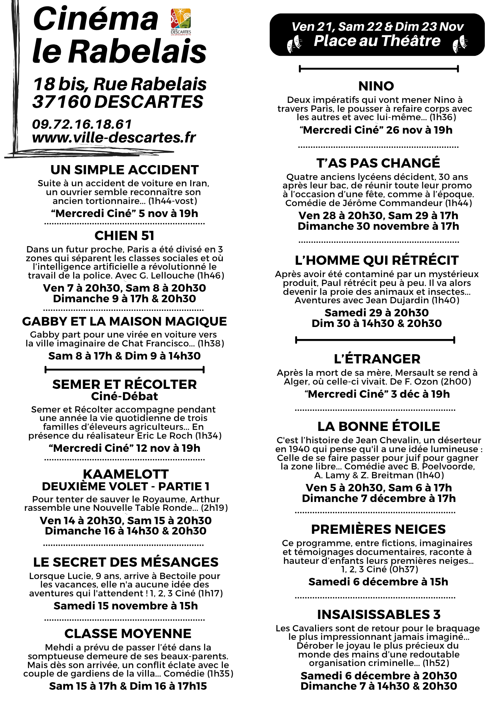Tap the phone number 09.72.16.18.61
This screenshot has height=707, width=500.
pyautogui.click(x=82, y=124)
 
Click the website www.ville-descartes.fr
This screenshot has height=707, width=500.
pyautogui.click(x=114, y=138)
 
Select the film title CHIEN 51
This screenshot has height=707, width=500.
pyautogui.click(x=124, y=236)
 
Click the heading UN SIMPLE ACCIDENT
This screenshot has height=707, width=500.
pyautogui.click(x=124, y=170)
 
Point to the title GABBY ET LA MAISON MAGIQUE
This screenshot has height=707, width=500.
pyautogui.click(x=124, y=321)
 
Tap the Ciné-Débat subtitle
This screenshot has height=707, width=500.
pyautogui.click(x=124, y=396)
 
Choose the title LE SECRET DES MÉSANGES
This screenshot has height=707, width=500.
pyautogui.click(x=126, y=562)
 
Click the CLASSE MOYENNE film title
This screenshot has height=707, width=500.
pyautogui.click(x=128, y=633)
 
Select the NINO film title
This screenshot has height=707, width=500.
pyautogui.click(x=376, y=86)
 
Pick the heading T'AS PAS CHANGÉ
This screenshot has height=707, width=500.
pyautogui.click(x=378, y=163)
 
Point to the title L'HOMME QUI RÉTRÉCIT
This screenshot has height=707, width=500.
pyautogui.click(x=377, y=261)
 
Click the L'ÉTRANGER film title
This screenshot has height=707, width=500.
pyautogui.click(x=377, y=359)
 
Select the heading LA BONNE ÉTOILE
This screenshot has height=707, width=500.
pyautogui.click(x=379, y=427)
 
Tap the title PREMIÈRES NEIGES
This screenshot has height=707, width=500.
pyautogui.click(x=378, y=529)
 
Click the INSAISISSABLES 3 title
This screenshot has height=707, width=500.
pyautogui.click(x=379, y=614)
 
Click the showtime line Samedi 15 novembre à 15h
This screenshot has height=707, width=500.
pyautogui.click(x=126, y=606)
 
